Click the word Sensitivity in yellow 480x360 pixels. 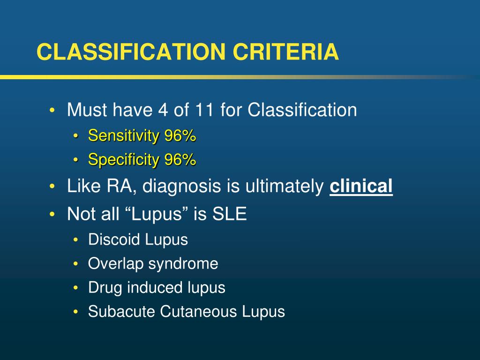tap(124, 136)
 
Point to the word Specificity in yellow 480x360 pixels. tap(124, 160)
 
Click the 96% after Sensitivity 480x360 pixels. tap(180, 136)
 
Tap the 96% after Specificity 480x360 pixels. tap(180, 160)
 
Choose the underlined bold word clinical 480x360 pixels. tap(361, 187)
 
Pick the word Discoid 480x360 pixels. tap(114, 240)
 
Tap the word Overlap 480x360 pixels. tap(116, 264)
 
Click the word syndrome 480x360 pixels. tap(183, 264)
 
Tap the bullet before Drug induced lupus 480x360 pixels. tap(76, 288)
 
